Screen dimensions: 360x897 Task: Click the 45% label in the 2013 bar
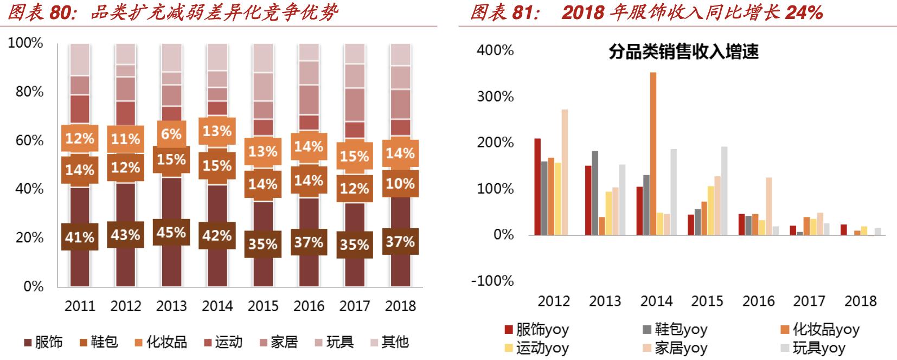coord(171,232)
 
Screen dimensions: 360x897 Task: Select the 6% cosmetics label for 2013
coord(171,133)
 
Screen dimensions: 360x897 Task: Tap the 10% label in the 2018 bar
coord(400,183)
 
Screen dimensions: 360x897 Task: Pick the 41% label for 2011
coord(80,237)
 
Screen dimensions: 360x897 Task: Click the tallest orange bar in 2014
coord(653,153)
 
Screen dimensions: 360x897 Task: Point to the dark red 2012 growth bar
coord(537,187)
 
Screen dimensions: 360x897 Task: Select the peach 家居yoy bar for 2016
coord(768,206)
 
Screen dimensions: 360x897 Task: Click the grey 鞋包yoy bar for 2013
coord(595,192)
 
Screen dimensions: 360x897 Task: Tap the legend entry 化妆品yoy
coord(819,329)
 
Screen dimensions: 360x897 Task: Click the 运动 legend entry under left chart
coord(223,342)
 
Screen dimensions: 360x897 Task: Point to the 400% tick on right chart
coord(495,50)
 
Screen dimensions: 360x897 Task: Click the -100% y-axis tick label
coord(492,281)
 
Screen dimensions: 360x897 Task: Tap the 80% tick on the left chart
coord(29,92)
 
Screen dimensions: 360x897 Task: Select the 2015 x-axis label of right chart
coord(707,301)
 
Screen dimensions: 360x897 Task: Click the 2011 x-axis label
coord(80,306)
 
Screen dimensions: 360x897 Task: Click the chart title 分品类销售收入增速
coord(683,52)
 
